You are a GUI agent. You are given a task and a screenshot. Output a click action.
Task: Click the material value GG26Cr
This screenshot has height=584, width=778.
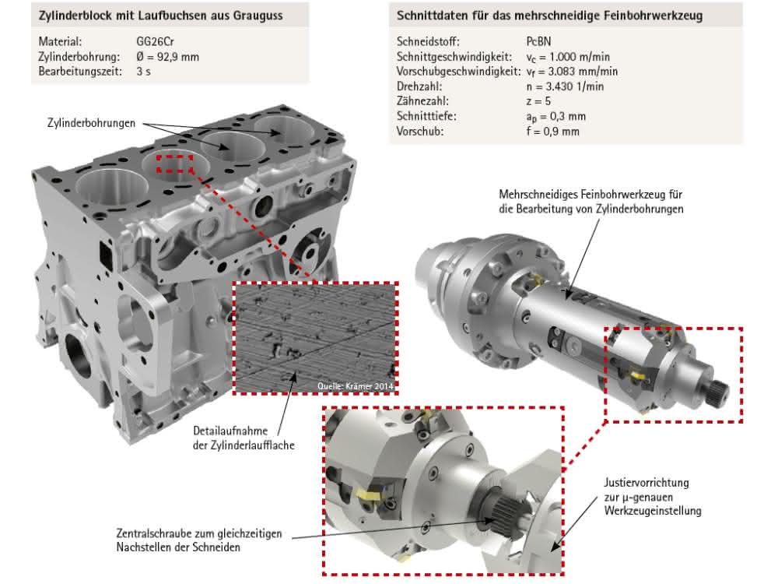pyautogui.click(x=155, y=42)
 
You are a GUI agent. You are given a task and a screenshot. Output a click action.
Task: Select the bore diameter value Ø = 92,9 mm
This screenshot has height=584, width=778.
pyautogui.click(x=168, y=57)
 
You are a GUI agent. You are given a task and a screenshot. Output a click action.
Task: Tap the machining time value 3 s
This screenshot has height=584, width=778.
pyautogui.click(x=143, y=72)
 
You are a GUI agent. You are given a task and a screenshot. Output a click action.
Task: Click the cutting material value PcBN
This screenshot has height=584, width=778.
pyautogui.click(x=538, y=42)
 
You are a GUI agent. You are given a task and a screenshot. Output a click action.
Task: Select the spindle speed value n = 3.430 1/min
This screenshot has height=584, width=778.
pyautogui.click(x=565, y=86)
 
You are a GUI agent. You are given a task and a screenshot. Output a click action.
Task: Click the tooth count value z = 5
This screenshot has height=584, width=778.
pyautogui.click(x=538, y=101)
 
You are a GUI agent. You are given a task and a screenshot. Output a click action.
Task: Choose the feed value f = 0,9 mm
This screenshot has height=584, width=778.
pyautogui.click(x=552, y=132)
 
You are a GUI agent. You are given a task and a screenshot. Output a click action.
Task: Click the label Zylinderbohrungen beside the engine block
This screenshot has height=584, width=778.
pyautogui.click(x=91, y=123)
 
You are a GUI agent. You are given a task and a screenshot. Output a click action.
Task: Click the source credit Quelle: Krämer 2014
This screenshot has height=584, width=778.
pyautogui.click(x=356, y=386)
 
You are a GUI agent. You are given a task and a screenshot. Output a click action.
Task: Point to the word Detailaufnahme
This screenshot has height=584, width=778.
pyautogui.click(x=230, y=431)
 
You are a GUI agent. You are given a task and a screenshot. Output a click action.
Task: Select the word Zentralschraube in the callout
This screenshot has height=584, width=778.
pyautogui.click(x=153, y=533)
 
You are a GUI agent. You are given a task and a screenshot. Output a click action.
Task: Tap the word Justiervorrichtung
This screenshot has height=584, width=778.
pyautogui.click(x=646, y=483)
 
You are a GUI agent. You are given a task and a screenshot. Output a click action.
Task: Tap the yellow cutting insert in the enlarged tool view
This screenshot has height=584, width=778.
pyautogui.click(x=369, y=495)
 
